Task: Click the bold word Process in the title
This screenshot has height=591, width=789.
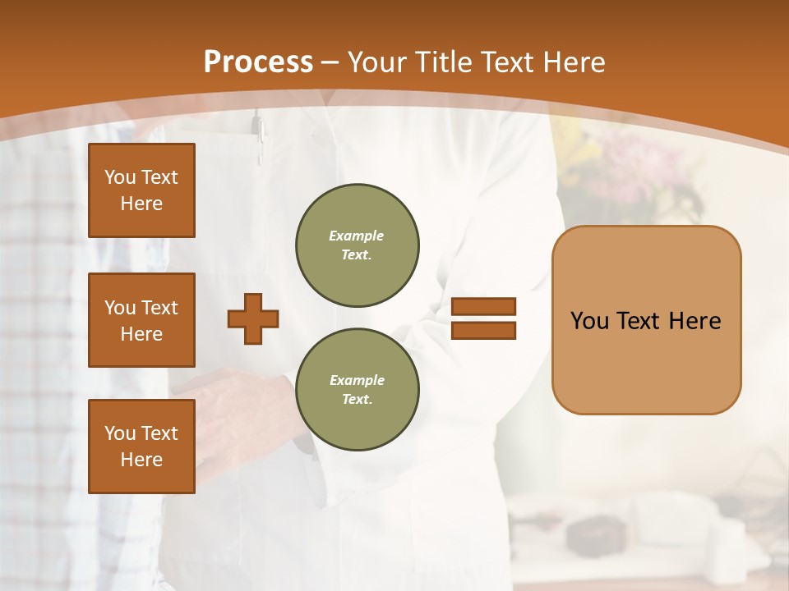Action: tap(258, 62)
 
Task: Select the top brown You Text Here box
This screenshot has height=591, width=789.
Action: tap(141, 190)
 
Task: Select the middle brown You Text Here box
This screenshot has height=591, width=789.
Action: tap(141, 320)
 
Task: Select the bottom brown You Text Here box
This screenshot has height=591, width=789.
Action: tap(141, 447)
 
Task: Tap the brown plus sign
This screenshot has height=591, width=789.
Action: tap(253, 318)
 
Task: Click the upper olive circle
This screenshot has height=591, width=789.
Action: tap(358, 245)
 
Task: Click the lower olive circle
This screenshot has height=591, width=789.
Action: tap(358, 389)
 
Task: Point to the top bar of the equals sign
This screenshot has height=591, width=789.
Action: tap(484, 307)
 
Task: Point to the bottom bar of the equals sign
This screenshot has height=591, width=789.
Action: tap(484, 330)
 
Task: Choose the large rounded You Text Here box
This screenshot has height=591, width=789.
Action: tap(646, 320)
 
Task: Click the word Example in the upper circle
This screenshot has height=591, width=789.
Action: tap(357, 236)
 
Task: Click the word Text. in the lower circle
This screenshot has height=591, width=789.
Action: tap(357, 399)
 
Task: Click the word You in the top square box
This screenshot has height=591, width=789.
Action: tap(120, 177)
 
